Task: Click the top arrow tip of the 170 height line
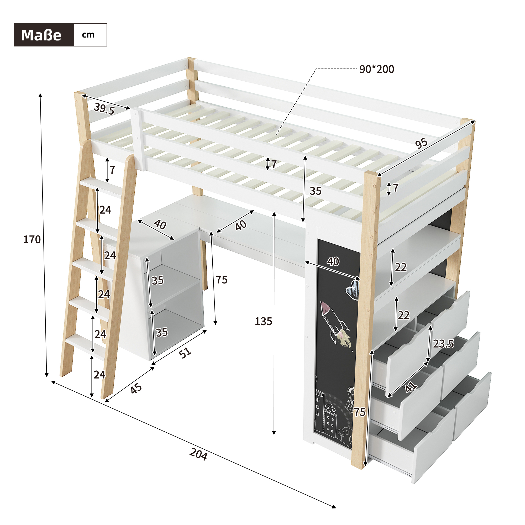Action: tap(40, 93)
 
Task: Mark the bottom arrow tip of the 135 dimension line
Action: tap(274, 434)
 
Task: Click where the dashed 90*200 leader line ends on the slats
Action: tap(276, 134)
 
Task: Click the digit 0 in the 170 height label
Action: tap(38, 240)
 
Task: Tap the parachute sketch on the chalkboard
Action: tap(350, 399)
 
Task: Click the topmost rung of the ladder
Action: tap(101, 186)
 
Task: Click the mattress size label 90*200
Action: tap(377, 70)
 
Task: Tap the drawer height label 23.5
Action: tap(443, 344)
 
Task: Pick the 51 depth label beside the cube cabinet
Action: tap(185, 353)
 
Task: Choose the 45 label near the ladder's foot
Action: tap(136, 388)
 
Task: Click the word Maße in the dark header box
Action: tap(41, 35)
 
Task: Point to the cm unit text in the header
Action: tap(88, 35)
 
